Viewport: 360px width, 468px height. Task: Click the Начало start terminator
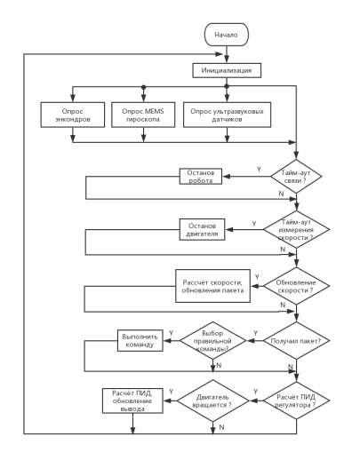(226, 35)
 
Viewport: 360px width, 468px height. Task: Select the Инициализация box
(227, 70)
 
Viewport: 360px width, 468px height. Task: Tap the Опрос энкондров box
(73, 115)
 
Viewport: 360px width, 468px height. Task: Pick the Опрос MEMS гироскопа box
(143, 115)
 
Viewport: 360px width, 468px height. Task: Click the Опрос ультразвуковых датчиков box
(227, 115)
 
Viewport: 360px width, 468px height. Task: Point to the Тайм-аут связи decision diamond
(296, 177)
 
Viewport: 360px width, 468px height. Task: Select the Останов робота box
(201, 177)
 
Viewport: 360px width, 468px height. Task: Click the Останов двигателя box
(202, 229)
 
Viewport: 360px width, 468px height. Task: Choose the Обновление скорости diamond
(296, 286)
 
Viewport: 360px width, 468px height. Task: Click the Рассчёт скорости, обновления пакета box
(212, 286)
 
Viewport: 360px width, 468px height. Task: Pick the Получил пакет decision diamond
(296, 340)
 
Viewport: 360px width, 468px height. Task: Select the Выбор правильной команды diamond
(212, 340)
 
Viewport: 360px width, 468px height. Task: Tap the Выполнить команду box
(140, 340)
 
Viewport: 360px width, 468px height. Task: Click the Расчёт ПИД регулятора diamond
(296, 401)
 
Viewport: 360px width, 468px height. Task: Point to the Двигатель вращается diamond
(212, 401)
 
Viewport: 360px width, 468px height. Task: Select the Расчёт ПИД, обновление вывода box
(132, 401)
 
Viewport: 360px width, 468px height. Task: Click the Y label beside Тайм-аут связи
(259, 170)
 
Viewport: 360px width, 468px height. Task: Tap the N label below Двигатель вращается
(221, 427)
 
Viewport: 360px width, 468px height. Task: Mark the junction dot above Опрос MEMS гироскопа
(143, 87)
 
